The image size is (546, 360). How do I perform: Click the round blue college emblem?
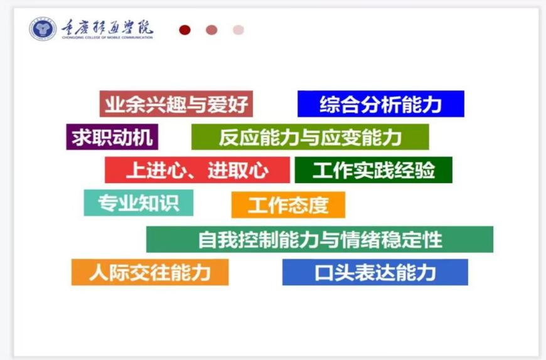coord(43,28)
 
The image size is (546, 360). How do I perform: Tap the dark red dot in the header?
coord(185,30)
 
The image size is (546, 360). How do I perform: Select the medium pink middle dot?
coord(211,30)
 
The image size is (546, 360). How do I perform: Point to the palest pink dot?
coord(238,30)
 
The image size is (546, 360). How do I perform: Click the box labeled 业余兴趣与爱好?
coord(176,103)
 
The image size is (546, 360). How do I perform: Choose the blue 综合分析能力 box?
coord(381,103)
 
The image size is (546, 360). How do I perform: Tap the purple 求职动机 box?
coord(112,137)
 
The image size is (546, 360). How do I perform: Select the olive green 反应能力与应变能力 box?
coord(310,137)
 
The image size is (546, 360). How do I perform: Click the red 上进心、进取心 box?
coord(198,170)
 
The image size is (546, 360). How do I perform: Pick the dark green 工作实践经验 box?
coord(373,170)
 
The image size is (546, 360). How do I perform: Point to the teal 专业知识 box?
coord(139,203)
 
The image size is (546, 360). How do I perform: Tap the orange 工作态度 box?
coord(288,205)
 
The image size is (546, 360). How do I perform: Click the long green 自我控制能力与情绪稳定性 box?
coord(319,240)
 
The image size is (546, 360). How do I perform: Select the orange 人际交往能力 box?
coord(150,272)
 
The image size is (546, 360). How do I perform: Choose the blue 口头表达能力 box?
coord(375,272)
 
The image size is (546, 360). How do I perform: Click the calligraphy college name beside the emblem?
coord(107,28)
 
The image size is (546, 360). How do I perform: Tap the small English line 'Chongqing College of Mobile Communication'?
coord(107,37)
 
